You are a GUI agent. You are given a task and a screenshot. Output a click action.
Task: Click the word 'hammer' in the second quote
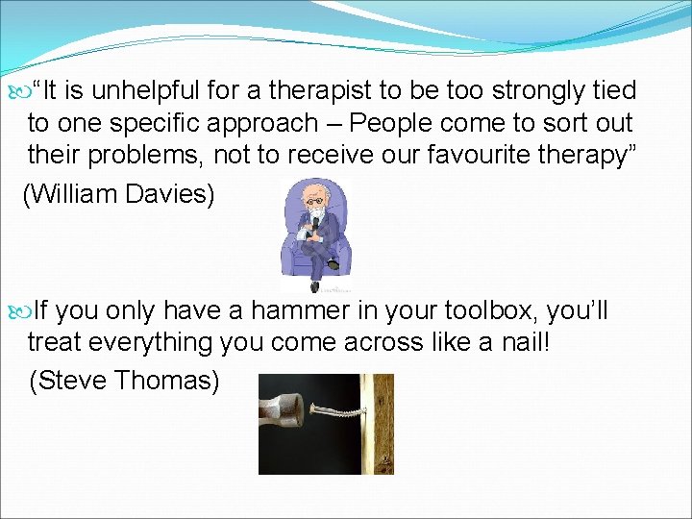point(288,311)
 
